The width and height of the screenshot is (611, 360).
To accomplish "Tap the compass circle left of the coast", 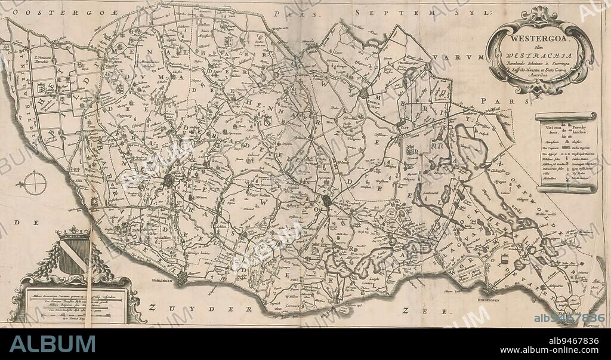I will pos(35,183).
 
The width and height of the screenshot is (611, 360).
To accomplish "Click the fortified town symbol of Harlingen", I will pos(181,278).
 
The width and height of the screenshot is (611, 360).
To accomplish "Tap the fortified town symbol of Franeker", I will pos(169,180).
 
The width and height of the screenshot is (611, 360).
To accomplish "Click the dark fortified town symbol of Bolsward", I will pos(327,201).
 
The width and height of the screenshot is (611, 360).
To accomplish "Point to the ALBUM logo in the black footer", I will pos(53,344).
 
